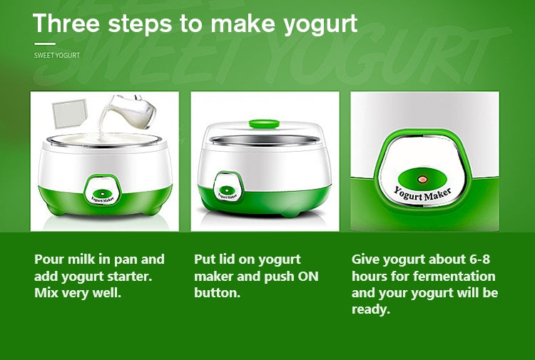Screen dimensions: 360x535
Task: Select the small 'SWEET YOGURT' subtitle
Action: pos(57,55)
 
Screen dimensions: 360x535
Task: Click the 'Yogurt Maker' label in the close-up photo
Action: pos(424,194)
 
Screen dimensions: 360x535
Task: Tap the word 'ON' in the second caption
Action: pos(306,276)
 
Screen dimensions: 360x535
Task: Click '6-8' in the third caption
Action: pos(477,259)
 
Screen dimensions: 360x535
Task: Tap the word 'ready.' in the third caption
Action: pos(371,310)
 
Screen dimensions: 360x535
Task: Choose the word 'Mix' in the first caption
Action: pos(46,293)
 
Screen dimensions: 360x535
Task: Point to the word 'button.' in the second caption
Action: pos(217,293)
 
